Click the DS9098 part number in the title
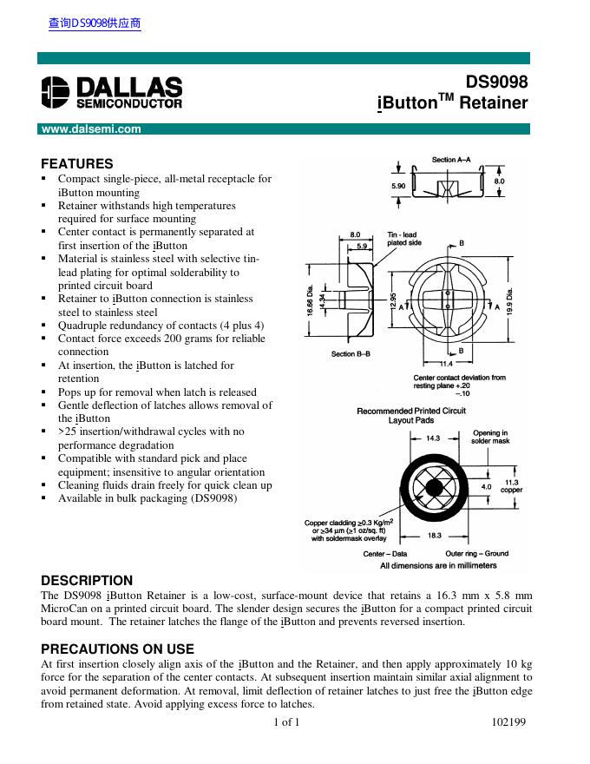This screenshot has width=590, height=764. click(497, 82)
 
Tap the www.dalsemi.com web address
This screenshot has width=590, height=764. click(90, 129)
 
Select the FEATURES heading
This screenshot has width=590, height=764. click(77, 163)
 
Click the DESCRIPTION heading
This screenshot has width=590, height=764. click(87, 580)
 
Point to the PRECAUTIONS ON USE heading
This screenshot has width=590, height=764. click(117, 649)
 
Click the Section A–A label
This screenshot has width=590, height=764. click(451, 160)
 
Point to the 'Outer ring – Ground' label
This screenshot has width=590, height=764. click(477, 553)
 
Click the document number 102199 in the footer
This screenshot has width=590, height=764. click(509, 721)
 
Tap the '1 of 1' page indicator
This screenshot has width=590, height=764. click(286, 721)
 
